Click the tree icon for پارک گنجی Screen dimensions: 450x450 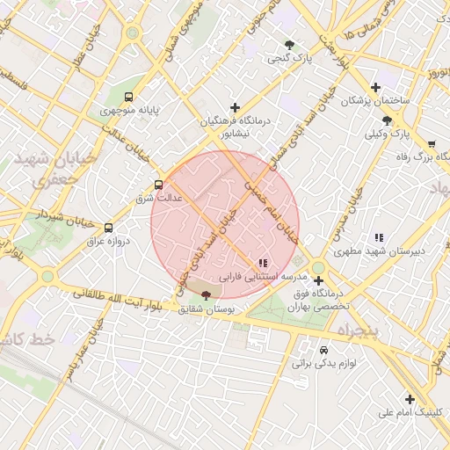point(290,45)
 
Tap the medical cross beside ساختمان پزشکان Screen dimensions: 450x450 point(376,87)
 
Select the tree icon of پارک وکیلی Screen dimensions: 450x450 point(387,120)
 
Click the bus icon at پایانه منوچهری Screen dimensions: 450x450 point(129,97)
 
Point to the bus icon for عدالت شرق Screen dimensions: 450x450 point(158,185)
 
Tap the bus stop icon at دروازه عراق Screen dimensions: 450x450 point(108,227)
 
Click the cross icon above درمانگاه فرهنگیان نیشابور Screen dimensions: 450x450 point(235,107)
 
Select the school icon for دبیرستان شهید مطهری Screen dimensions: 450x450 point(379,237)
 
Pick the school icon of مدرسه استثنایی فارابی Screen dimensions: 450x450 point(262,263)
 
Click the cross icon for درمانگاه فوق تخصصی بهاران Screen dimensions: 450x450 point(318,281)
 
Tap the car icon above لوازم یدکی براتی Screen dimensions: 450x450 point(323,349)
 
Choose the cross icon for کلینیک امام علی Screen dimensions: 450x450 point(410,399)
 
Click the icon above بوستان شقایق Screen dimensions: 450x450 point(207,294)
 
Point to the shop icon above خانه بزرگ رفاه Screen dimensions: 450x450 point(431,143)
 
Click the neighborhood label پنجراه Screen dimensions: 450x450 point(355,331)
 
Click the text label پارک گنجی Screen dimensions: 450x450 point(291,59)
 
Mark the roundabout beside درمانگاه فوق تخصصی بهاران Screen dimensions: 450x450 point(317,268)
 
